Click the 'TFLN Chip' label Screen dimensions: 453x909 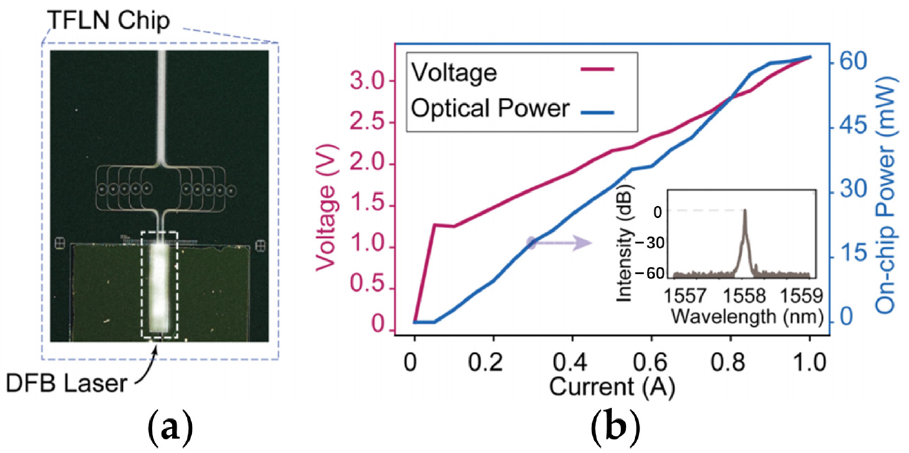pyautogui.click(x=109, y=21)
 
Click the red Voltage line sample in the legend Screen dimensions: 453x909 pyautogui.click(x=597, y=69)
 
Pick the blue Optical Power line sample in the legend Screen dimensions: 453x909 pyautogui.click(x=597, y=113)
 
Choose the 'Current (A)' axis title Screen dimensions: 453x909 pyautogui.click(x=612, y=387)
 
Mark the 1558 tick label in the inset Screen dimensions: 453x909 pyautogui.click(x=744, y=295)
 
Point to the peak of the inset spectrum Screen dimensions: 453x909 pyautogui.click(x=745, y=211)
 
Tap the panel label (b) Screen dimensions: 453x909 pyautogui.click(x=615, y=431)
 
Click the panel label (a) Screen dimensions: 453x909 pyautogui.click(x=171, y=431)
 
